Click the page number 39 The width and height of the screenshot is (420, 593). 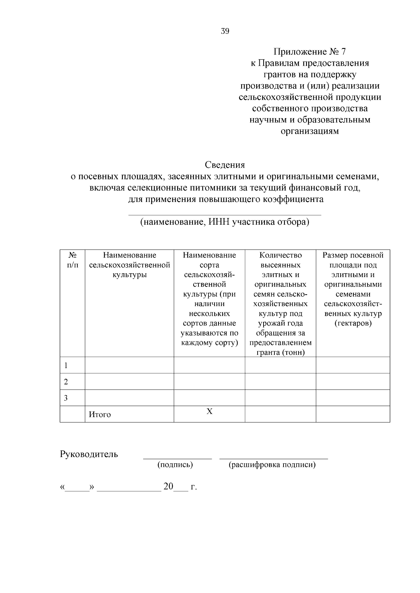[x=225, y=31]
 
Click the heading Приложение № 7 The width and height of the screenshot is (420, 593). [x=309, y=52]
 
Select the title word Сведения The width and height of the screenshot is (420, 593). [x=225, y=165]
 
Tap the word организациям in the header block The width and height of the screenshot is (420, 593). [x=310, y=131]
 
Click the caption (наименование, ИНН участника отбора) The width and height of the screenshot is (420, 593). [x=225, y=222]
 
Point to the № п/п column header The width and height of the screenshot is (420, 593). [x=72, y=260]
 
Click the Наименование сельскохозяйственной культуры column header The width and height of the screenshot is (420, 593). [x=129, y=265]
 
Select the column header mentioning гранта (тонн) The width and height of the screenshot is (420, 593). [x=280, y=303]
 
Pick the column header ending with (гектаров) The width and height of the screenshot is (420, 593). [x=353, y=289]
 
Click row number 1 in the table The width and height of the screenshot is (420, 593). [x=66, y=366]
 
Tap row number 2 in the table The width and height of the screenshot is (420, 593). [x=66, y=382]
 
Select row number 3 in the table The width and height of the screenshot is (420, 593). [x=66, y=398]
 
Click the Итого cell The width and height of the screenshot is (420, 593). [x=100, y=415]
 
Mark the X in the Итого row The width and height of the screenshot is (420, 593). [x=209, y=412]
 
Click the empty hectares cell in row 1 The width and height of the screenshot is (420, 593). [x=353, y=365]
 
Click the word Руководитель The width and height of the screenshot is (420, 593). [x=89, y=454]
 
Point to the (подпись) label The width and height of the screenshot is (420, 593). [x=175, y=465]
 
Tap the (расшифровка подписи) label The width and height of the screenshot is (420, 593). [x=272, y=465]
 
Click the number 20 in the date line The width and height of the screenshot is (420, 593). [x=168, y=486]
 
